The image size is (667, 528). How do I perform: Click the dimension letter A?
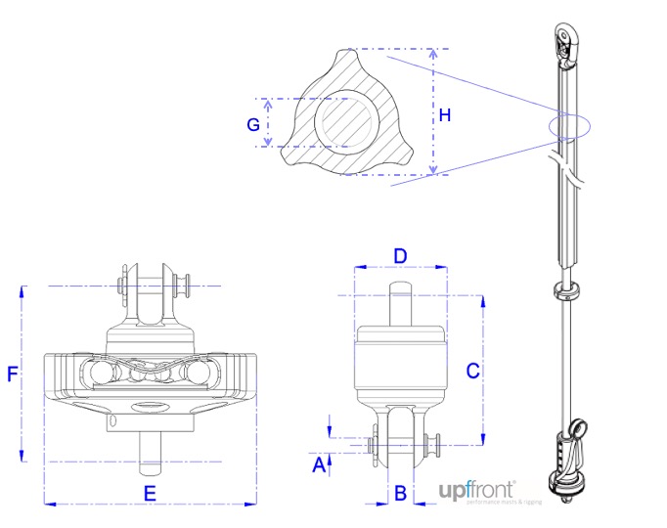(317, 466)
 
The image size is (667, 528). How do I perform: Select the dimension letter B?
(399, 493)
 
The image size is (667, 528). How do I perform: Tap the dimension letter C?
(471, 371)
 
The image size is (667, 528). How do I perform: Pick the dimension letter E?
(150, 494)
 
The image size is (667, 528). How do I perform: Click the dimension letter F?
(13, 374)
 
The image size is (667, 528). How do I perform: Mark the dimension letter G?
(253, 124)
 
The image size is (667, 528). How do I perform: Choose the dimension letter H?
(445, 115)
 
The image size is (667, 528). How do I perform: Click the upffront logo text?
(476, 489)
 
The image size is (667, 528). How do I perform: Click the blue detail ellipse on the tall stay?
(569, 127)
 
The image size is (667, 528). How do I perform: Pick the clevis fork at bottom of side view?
(400, 440)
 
